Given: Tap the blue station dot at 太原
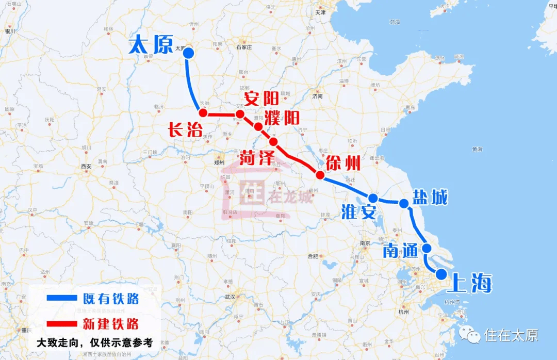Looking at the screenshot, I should [188, 53].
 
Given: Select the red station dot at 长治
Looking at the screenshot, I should [203, 113].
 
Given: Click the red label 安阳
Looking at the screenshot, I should [261, 98].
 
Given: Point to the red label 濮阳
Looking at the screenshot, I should [282, 117].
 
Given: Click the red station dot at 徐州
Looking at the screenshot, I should [320, 175].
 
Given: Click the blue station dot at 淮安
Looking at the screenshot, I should [373, 198].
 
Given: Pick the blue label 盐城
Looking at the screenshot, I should [430, 197].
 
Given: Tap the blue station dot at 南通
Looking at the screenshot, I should [427, 248].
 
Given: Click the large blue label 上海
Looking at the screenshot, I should [471, 283].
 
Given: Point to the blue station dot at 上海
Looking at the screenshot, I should [441, 274].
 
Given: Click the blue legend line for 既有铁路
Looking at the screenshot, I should [61, 298].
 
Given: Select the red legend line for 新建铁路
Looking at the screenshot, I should [61, 324].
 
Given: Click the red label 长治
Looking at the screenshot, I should [185, 130].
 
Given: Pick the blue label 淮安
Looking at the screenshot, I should [358, 212].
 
